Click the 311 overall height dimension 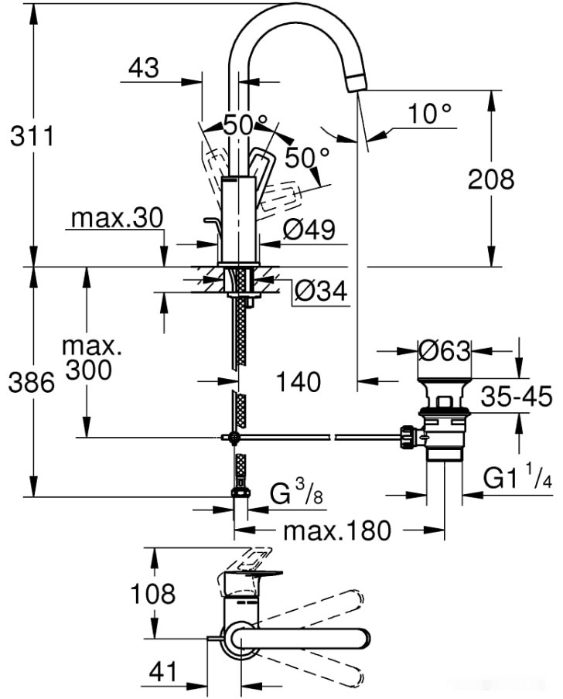tap(31, 137)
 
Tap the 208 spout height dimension tap(490, 179)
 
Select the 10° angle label tap(429, 114)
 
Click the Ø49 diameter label tap(309, 230)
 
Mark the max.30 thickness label tap(117, 218)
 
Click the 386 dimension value tap(31, 382)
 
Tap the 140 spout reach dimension tap(298, 381)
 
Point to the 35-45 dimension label tap(516, 397)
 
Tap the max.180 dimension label tap(336, 531)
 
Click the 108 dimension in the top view tap(153, 594)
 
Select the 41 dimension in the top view tap(163, 671)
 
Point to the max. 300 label tap(87, 356)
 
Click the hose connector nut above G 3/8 tap(240, 492)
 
